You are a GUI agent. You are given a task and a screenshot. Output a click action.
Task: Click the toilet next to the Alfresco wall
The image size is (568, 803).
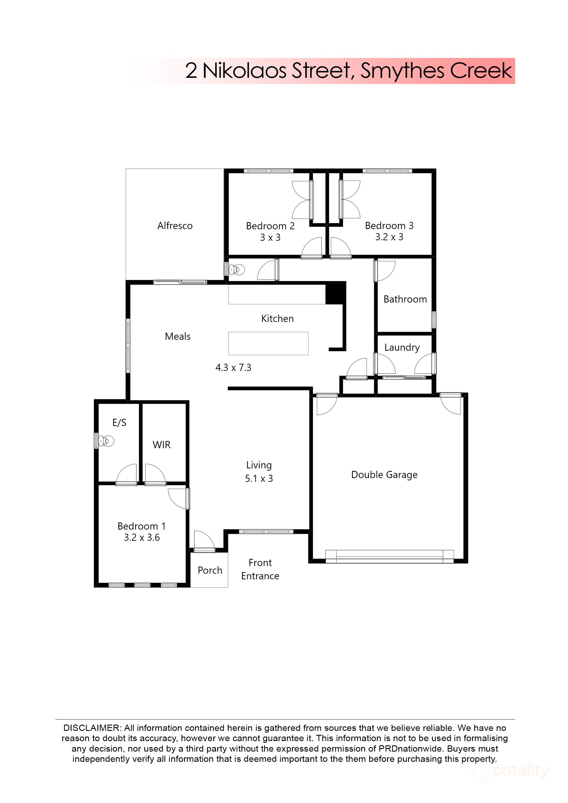click(237, 270)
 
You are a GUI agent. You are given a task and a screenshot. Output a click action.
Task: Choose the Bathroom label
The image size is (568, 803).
click(405, 299)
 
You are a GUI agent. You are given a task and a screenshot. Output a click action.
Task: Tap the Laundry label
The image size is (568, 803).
click(402, 347)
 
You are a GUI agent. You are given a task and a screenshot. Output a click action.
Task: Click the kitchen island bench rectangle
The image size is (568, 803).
click(268, 344)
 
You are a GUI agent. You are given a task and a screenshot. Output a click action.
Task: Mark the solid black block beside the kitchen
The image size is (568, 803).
click(335, 292)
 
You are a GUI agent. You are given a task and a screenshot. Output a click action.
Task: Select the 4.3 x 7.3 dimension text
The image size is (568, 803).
click(233, 368)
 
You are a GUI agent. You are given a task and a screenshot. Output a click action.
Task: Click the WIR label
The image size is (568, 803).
click(162, 445)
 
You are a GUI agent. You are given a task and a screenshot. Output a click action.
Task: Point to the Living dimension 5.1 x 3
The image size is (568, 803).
click(259, 478)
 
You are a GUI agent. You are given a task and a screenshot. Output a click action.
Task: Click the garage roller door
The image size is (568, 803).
click(390, 557)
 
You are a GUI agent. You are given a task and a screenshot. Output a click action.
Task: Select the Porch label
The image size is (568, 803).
click(210, 570)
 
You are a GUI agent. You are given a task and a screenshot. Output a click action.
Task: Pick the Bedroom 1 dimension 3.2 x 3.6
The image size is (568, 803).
click(142, 538)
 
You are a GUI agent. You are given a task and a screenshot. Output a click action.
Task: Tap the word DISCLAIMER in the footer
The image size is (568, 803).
click(92, 728)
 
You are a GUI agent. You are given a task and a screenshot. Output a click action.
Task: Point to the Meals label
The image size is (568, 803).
click(178, 336)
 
